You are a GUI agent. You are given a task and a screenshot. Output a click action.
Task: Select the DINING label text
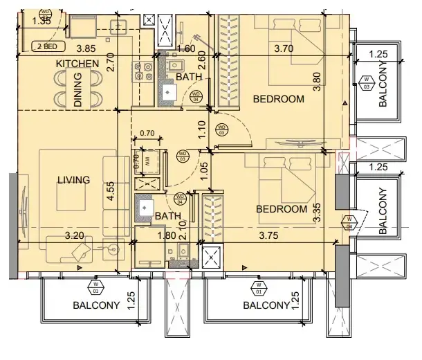77,95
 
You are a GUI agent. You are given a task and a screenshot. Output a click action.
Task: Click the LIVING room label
74,180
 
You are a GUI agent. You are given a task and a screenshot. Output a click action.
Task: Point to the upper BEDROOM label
278,99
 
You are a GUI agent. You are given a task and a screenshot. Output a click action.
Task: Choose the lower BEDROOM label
281,209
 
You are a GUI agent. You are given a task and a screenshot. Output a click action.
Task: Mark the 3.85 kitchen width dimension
86,48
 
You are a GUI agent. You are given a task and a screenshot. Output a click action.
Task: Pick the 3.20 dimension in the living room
75,235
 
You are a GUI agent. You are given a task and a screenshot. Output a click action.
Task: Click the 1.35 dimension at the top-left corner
22,21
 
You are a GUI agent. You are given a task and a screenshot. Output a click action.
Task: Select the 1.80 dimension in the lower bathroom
167,235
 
